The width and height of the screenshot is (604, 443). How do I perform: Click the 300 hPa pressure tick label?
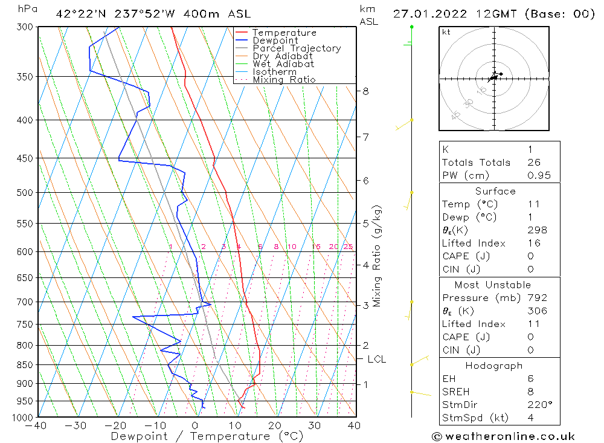25,27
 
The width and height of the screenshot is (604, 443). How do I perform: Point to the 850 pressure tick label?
25,365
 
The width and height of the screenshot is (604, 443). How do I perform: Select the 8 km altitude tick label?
365,91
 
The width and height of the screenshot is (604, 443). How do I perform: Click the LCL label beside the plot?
376,359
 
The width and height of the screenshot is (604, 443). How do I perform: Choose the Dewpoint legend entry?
275,40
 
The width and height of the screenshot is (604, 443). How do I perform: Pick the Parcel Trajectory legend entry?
297,48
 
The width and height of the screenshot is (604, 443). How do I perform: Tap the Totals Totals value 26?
535,162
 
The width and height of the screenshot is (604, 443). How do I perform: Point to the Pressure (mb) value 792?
537,297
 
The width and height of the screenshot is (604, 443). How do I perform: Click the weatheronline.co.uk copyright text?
503,436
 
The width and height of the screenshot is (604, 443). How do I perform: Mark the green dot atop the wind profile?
412,27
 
